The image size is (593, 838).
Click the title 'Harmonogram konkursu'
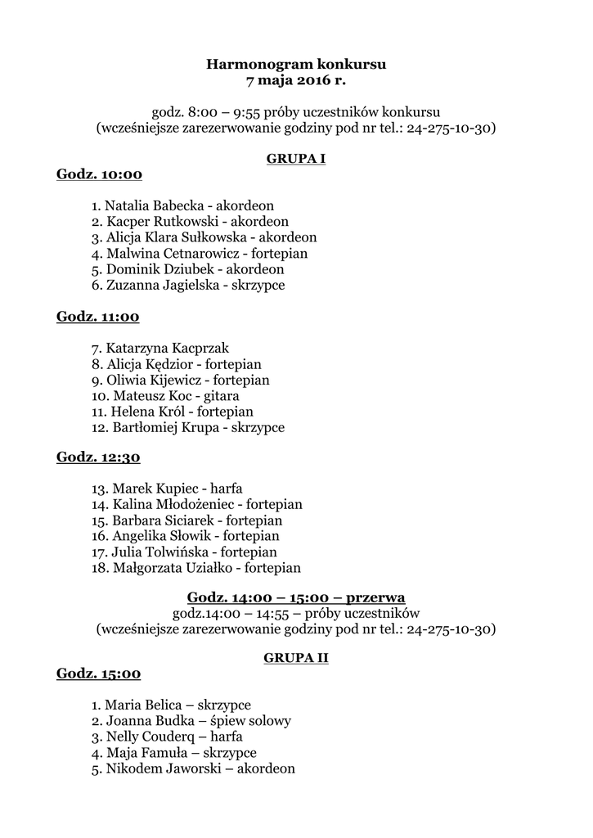pos(295,63)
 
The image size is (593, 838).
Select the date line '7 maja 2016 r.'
pos(295,80)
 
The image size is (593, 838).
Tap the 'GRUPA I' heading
pos(296,159)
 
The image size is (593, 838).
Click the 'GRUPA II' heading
pos(296,657)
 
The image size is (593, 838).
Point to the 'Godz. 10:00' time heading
pos(99,174)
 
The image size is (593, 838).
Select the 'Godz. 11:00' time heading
pos(97,317)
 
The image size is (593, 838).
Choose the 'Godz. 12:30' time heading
pos(98,457)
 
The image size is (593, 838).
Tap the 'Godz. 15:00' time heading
pos(98,674)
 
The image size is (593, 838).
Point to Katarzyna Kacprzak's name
pos(167,349)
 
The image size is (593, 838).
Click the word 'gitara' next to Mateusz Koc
pos(211,396)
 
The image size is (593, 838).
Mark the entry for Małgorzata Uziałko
pos(196,567)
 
